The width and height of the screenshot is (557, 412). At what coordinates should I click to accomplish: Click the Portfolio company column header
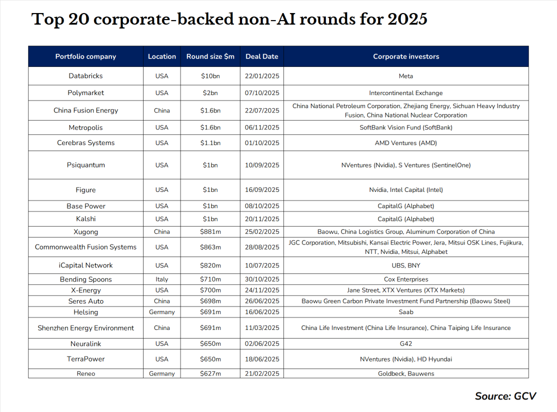click(x=85, y=57)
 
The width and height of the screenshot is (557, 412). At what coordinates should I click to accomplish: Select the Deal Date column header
click(x=262, y=57)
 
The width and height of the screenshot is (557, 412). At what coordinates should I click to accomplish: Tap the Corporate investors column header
click(x=406, y=57)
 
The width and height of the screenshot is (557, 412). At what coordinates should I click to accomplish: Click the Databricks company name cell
click(x=85, y=76)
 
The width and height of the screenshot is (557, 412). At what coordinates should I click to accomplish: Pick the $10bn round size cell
click(x=210, y=76)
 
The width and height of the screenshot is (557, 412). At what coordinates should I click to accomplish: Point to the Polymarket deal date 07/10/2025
click(x=262, y=93)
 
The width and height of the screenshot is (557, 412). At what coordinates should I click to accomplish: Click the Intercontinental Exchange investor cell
click(x=406, y=93)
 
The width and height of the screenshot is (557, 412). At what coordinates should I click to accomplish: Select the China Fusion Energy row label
click(x=85, y=110)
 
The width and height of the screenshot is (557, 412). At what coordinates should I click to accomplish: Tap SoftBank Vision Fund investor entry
click(x=406, y=128)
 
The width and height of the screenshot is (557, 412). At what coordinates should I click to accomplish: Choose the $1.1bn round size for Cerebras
click(x=210, y=143)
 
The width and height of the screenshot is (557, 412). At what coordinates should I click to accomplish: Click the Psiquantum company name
click(x=85, y=165)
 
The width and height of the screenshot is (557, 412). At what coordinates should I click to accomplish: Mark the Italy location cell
click(x=162, y=279)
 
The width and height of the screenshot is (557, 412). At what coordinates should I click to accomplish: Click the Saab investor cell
click(x=406, y=312)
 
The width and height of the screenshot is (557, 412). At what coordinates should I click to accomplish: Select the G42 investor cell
click(x=406, y=344)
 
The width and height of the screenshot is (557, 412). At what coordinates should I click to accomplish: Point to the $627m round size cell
click(x=210, y=374)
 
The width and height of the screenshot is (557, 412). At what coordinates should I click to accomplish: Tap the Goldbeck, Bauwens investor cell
click(x=406, y=374)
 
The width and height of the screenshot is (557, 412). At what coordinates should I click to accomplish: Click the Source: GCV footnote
click(x=505, y=396)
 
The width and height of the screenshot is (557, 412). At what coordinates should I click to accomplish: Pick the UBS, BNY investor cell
click(x=406, y=266)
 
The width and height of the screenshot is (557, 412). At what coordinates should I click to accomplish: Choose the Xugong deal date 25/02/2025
click(x=262, y=232)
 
